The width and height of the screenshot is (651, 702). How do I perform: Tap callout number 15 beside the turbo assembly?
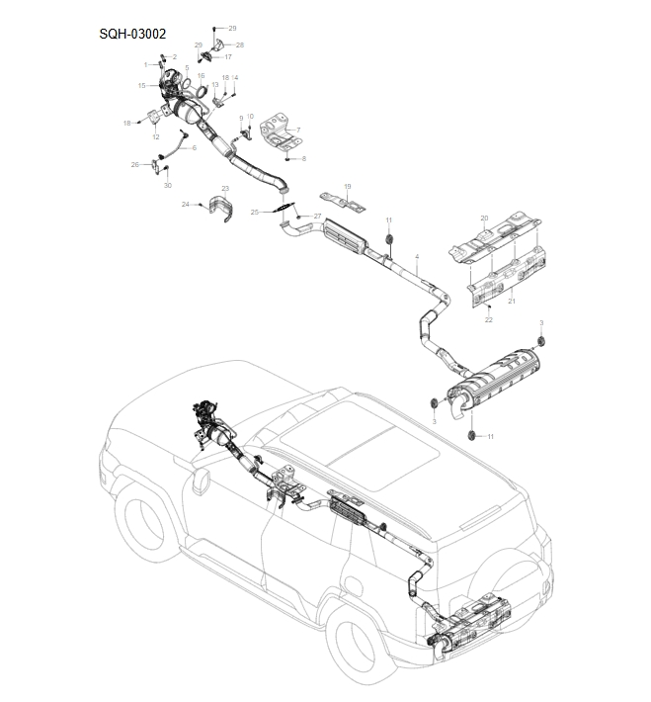click(141, 86)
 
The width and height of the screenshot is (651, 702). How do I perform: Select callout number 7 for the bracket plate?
click(297, 130)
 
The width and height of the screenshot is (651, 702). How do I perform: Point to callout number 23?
click(224, 188)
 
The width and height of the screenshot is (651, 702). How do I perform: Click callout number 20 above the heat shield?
click(484, 218)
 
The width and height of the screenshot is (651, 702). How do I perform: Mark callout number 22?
click(487, 320)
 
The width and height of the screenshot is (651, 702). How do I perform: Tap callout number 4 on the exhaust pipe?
click(418, 257)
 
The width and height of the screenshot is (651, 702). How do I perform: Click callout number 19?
click(348, 186)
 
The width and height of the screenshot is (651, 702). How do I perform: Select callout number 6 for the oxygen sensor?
click(194, 147)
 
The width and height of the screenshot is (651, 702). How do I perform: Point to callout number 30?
click(167, 186)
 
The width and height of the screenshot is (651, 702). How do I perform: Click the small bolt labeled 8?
click(286, 158)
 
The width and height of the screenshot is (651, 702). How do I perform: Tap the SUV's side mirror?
click(203, 483)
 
